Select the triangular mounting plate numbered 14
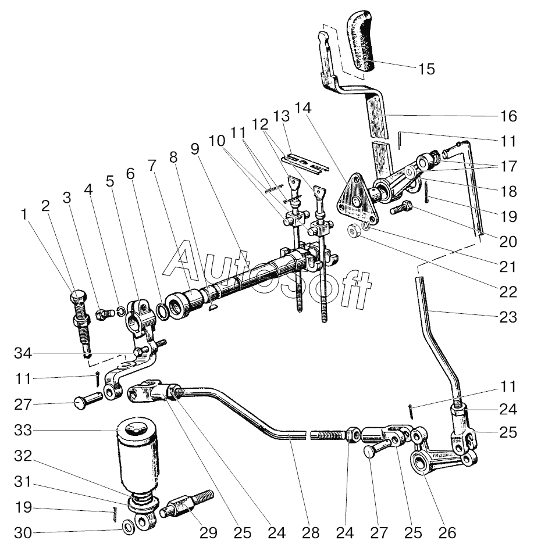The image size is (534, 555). click(x=357, y=199)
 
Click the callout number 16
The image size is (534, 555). click(x=508, y=116)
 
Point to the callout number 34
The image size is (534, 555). click(x=23, y=353)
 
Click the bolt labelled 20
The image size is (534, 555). click(x=402, y=207)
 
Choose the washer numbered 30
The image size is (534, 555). click(x=128, y=528)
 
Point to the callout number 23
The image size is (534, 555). click(x=508, y=317)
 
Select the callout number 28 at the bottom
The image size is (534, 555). click(x=311, y=532)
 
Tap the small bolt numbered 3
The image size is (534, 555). click(x=105, y=314)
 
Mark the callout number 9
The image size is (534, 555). click(x=195, y=149)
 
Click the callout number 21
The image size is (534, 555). click(x=508, y=267)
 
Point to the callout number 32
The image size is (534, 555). click(x=23, y=456)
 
